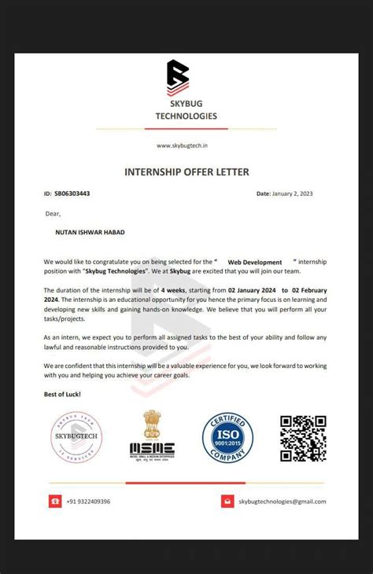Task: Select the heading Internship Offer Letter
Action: (186, 171)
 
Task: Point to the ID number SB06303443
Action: (72, 193)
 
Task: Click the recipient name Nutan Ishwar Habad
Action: (89, 232)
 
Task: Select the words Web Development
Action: (255, 261)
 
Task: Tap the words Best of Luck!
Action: (62, 393)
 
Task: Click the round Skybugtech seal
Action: (76, 436)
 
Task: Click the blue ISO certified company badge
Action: (227, 437)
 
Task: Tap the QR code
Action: (303, 437)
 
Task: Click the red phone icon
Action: (55, 501)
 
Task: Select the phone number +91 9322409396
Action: (88, 501)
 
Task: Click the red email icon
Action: (227, 501)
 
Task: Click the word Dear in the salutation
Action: (53, 213)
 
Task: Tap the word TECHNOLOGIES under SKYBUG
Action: (186, 116)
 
